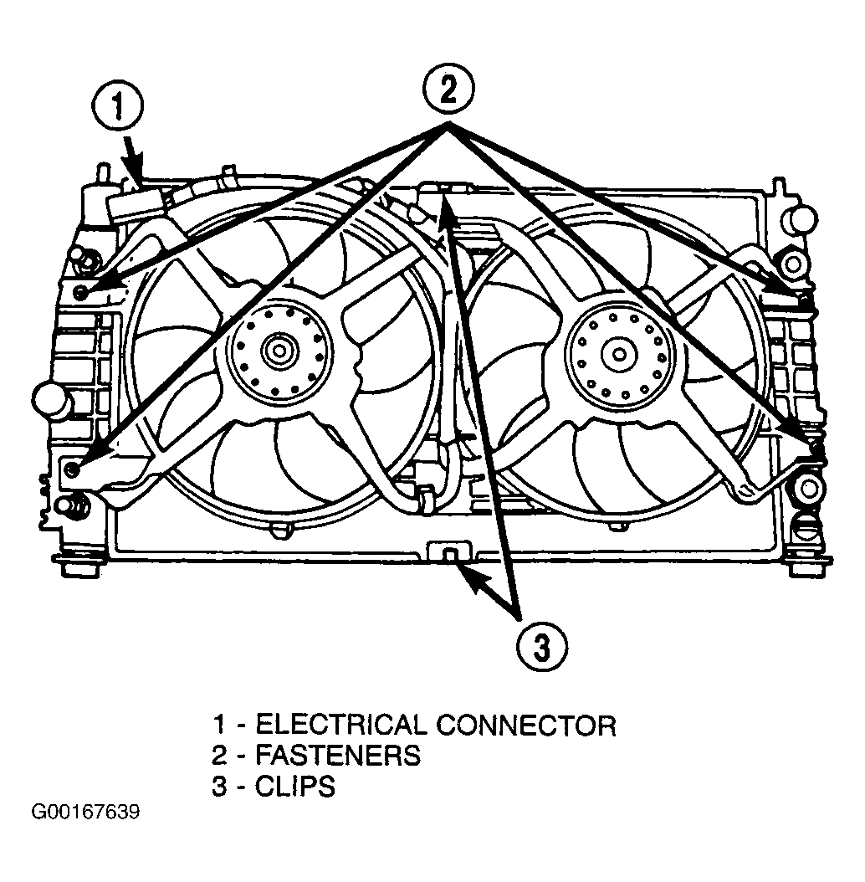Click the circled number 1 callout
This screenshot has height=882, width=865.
coord(118,107)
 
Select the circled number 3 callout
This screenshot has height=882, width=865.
coord(541,649)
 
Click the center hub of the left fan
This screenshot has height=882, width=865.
coord(279,352)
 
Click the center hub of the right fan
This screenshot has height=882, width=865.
coord(619,354)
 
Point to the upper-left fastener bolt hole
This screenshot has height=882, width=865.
coord(80,293)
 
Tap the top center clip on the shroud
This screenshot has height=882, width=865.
coord(443,189)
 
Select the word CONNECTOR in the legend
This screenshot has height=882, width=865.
coord(526,726)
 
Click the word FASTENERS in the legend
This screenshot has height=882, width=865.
coord(338,756)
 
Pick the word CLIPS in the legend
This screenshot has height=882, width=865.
coord(295,786)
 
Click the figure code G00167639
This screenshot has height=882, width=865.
coord(85,813)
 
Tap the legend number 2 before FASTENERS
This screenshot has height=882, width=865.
coord(219,756)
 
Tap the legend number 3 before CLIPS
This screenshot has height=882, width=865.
coord(219,786)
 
